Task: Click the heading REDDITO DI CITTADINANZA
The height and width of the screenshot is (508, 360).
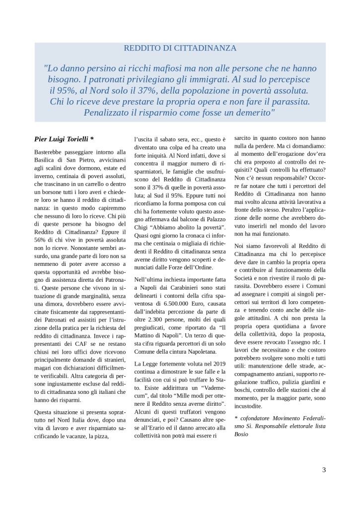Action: click(x=180, y=48)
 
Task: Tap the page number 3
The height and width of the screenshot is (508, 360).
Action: click(x=324, y=470)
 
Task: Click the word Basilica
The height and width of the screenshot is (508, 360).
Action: click(x=45, y=160)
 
